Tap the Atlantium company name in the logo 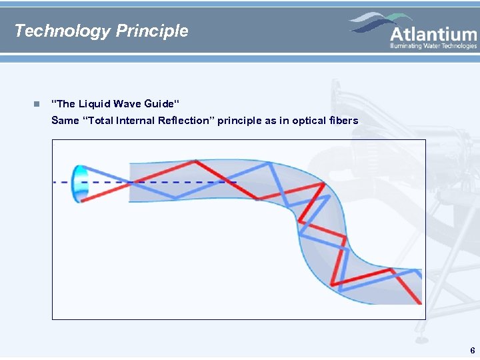tap(433, 34)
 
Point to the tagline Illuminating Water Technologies tap(433, 46)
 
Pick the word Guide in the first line tap(162, 103)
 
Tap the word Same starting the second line tap(65, 121)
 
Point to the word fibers tap(344, 121)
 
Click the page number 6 tap(472, 350)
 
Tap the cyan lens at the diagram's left tap(79, 183)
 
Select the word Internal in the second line tap(137, 121)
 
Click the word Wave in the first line tap(127, 103)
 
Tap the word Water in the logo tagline tap(433, 46)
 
